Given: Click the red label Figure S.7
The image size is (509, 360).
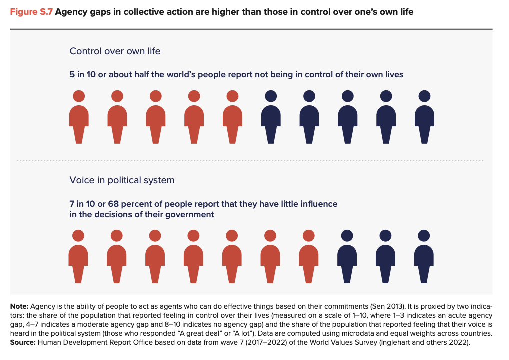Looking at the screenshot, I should tap(31, 11).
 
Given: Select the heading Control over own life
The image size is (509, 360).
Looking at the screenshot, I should tap(115, 51).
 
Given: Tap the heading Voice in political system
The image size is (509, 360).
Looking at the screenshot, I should tap(122, 180).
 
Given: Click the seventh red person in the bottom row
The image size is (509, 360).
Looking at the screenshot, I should tap(309, 256).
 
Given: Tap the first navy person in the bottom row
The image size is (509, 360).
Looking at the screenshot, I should tap(347, 256).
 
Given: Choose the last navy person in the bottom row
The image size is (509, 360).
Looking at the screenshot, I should tap(424, 256).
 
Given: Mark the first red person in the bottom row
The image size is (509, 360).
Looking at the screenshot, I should tap(79, 256).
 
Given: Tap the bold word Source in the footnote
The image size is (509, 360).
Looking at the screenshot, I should tap(22, 342).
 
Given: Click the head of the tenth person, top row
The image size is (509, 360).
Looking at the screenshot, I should tap(424, 96).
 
